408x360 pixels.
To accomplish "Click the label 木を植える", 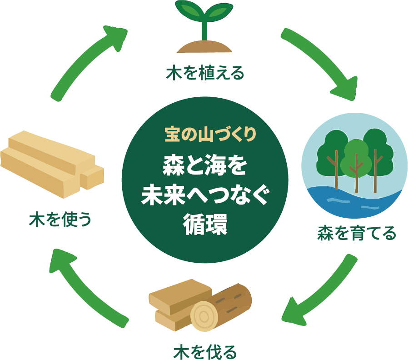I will tap(204, 73).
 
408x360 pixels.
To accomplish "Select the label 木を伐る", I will tap(205, 351).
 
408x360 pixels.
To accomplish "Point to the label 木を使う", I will tap(60, 219).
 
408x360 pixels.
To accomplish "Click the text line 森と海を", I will tap(205, 167).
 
